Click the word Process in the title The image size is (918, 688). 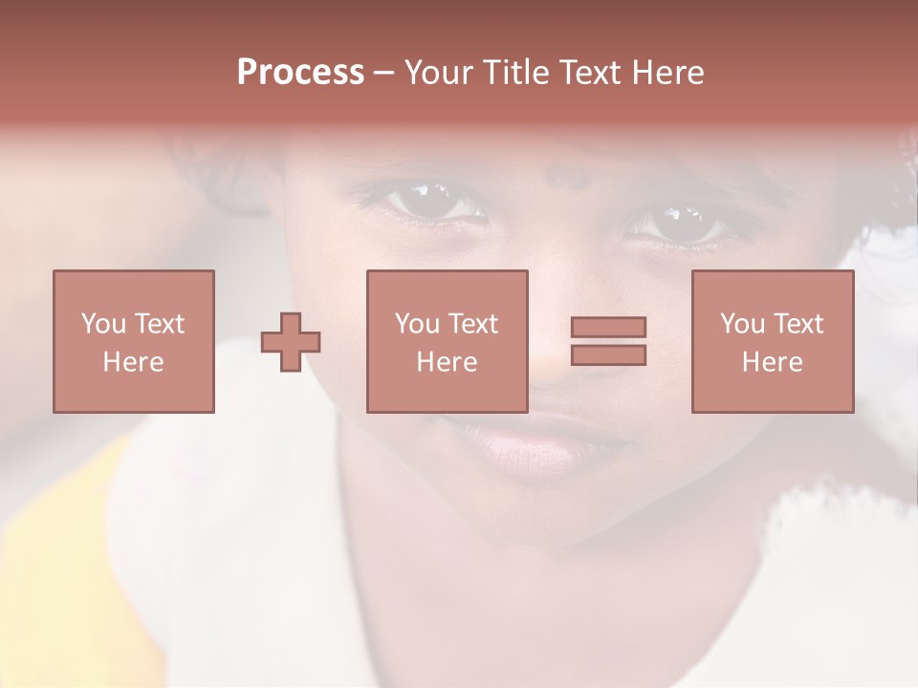(x=300, y=73)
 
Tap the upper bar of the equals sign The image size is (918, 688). (x=608, y=328)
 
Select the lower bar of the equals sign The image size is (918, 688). (x=608, y=355)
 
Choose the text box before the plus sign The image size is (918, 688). (x=134, y=341)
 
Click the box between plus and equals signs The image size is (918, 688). (x=447, y=341)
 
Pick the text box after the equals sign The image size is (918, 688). (x=772, y=341)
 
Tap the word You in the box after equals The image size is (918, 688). (x=742, y=324)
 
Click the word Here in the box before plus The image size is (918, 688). (x=133, y=362)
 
